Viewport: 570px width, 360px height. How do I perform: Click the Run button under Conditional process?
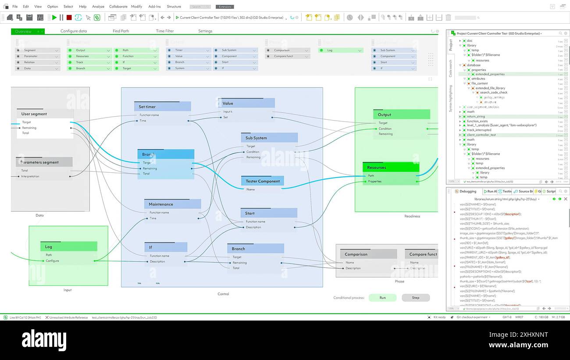point(382,298)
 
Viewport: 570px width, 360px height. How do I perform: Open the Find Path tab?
point(121,31)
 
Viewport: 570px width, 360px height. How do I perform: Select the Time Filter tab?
point(165,31)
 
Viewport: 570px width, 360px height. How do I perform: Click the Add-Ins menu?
point(154,7)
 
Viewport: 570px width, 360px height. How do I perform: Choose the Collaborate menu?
point(118,7)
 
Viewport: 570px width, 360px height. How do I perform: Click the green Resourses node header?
point(391,168)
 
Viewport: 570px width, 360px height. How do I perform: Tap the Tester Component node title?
point(263,181)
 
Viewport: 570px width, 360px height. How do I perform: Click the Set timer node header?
point(162,107)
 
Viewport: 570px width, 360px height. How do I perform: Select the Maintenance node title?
point(172,204)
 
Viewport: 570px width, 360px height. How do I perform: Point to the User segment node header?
point(45,114)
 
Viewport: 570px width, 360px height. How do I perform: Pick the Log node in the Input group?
point(68,246)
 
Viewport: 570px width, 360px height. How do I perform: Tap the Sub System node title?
point(269,138)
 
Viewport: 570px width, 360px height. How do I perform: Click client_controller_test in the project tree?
point(481,135)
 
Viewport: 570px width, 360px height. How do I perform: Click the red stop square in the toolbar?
point(69,18)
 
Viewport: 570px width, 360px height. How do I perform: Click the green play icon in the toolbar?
point(54,18)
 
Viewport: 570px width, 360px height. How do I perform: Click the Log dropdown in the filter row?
point(341,50)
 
